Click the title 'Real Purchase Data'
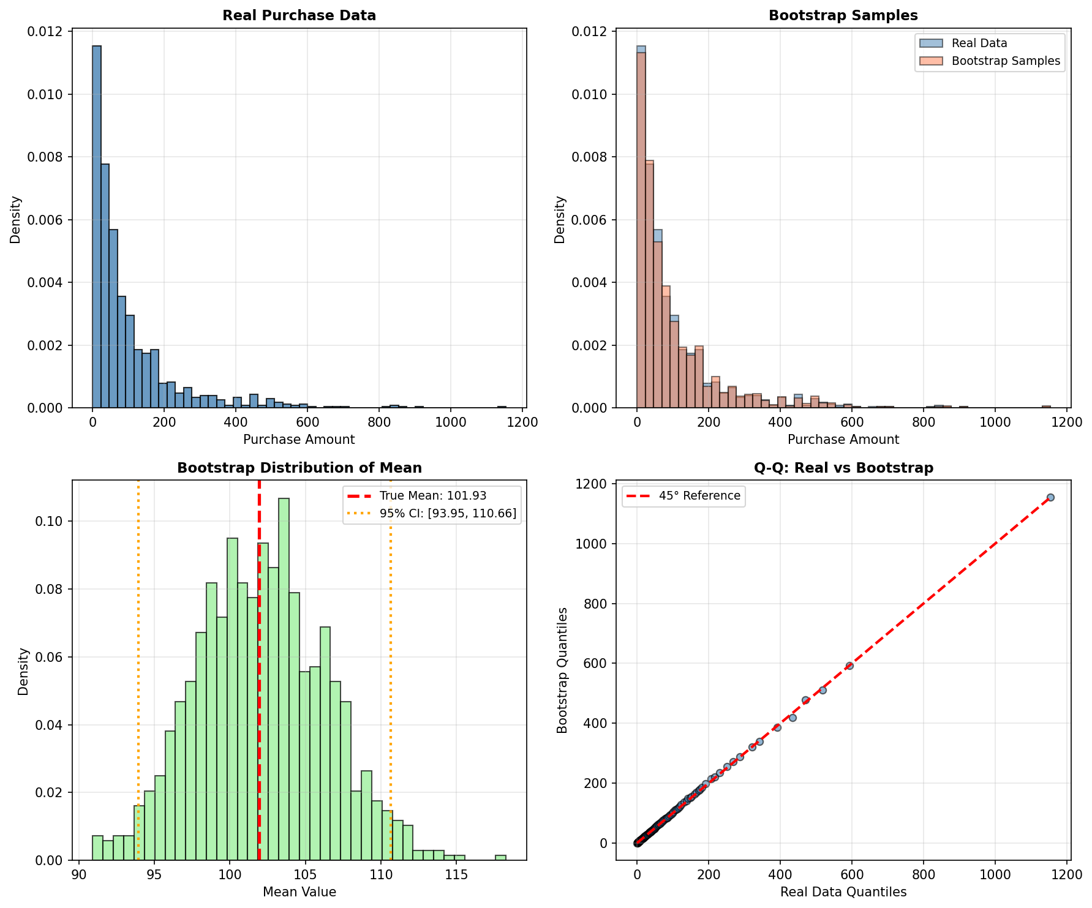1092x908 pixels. pos(299,15)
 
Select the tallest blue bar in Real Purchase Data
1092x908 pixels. pos(96,227)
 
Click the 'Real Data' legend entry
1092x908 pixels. pos(979,43)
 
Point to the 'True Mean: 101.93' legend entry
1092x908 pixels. pos(432,496)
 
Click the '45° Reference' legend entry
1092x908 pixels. pos(699,496)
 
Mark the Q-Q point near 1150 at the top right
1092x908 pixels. pos(1050,498)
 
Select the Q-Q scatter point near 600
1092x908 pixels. pos(849,666)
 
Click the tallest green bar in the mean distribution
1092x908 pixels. pos(284,680)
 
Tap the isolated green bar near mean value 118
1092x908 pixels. pos(500,857)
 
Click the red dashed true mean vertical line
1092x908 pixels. pos(259,735)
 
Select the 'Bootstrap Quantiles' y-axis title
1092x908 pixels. pos(562,670)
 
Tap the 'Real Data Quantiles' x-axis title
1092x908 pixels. pos(843,893)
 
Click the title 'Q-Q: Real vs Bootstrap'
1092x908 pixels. pos(843,468)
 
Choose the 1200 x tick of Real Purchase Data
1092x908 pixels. pos(522,422)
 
